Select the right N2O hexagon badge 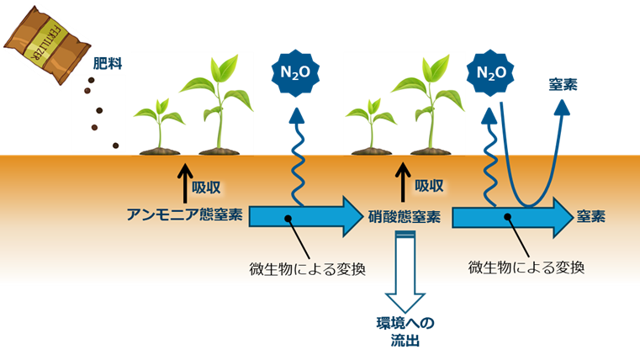point(490,73)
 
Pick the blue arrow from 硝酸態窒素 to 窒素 point(513,217)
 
